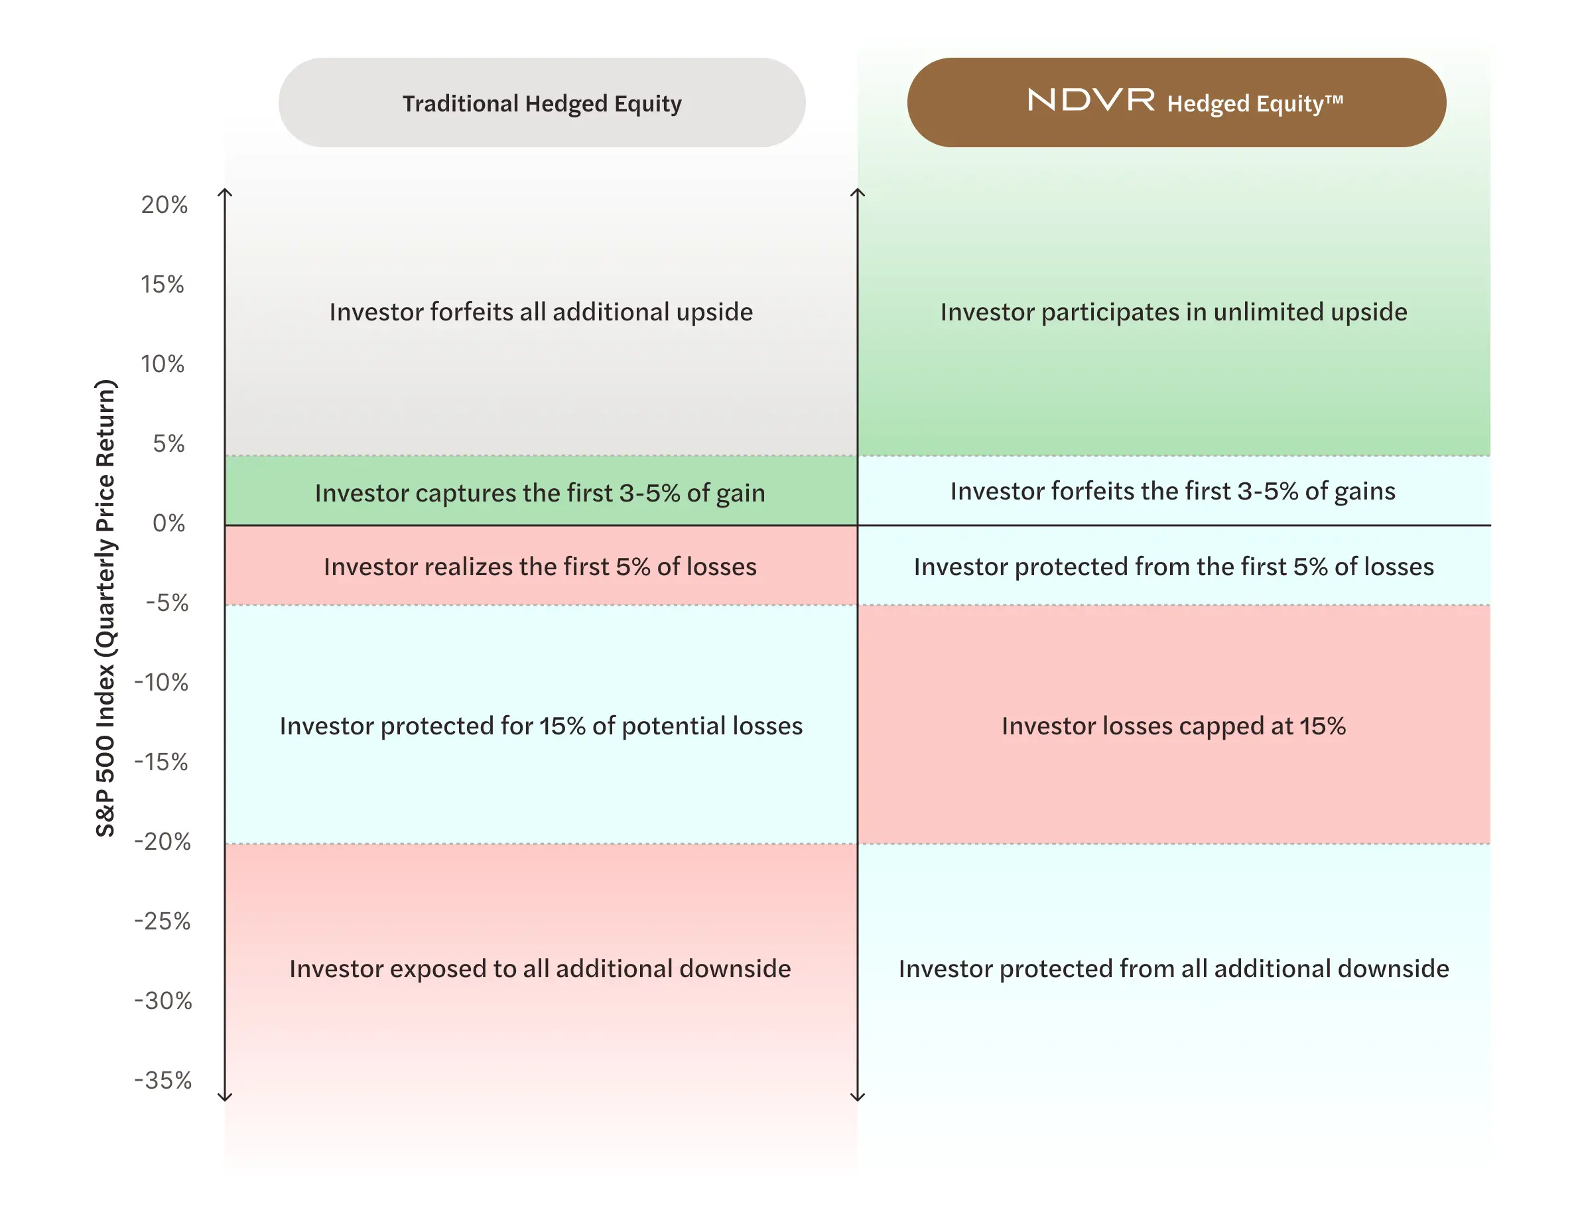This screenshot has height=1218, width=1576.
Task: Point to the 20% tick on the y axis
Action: pyautogui.click(x=164, y=205)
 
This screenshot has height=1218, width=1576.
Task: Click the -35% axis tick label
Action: pyautogui.click(x=163, y=1080)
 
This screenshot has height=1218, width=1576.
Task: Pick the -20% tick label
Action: pyautogui.click(x=163, y=841)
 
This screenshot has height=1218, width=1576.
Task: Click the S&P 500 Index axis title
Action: pyautogui.click(x=105, y=608)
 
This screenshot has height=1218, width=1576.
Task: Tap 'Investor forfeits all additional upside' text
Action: pyautogui.click(x=541, y=312)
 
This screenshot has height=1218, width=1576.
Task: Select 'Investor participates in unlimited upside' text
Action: pyautogui.click(x=1173, y=312)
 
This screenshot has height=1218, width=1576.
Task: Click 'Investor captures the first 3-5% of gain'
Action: pyautogui.click(x=540, y=493)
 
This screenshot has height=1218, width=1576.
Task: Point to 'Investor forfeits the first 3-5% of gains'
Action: pyautogui.click(x=1173, y=491)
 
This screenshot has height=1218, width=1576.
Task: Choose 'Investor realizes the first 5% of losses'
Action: pyautogui.click(x=540, y=567)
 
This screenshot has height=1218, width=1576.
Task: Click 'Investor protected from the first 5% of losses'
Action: pyautogui.click(x=1173, y=567)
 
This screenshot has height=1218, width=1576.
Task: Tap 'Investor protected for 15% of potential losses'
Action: pyautogui.click(x=541, y=726)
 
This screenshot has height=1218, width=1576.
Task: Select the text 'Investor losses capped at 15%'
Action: pyautogui.click(x=1173, y=726)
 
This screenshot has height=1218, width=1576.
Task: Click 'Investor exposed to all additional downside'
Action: pyautogui.click(x=540, y=969)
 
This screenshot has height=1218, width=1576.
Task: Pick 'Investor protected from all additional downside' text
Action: pyautogui.click(x=1173, y=969)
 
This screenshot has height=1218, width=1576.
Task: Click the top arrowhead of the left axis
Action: pyautogui.click(x=225, y=192)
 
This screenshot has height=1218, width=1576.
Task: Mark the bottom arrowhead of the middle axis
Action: pyautogui.click(x=857, y=1097)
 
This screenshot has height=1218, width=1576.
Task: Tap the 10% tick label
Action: pyautogui.click(x=163, y=364)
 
